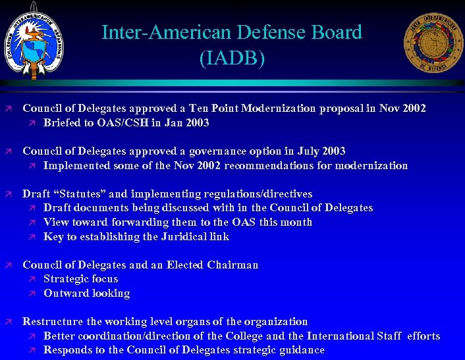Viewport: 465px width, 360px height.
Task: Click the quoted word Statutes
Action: [x=80, y=194]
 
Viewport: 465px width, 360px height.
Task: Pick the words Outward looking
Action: [x=86, y=294]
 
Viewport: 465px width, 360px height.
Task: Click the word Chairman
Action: [x=232, y=265]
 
